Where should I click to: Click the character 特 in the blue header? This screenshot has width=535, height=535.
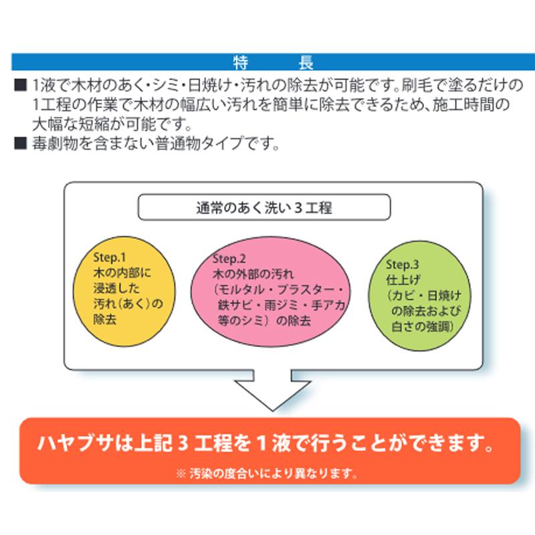tap(241, 63)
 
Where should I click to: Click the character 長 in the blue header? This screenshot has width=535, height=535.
tap(306, 63)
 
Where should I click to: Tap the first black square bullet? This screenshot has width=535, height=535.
tap(21, 85)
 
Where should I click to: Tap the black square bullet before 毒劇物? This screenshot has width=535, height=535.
tap(21, 143)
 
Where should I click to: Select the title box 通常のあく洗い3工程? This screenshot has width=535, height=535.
tap(264, 207)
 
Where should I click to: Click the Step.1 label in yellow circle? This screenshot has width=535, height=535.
tap(110, 257)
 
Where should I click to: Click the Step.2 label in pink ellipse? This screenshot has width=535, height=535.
tap(229, 259)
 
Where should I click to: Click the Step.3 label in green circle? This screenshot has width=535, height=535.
tap(403, 264)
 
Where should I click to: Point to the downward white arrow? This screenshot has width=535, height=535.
tap(273, 390)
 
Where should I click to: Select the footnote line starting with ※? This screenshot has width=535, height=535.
tap(266, 473)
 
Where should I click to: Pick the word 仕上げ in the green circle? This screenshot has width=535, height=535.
tap(403, 280)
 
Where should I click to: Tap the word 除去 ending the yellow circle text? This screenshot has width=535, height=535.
tap(105, 320)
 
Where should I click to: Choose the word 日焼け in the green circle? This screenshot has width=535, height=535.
tap(444, 296)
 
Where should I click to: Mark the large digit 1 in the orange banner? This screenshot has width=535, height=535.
tap(261, 443)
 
